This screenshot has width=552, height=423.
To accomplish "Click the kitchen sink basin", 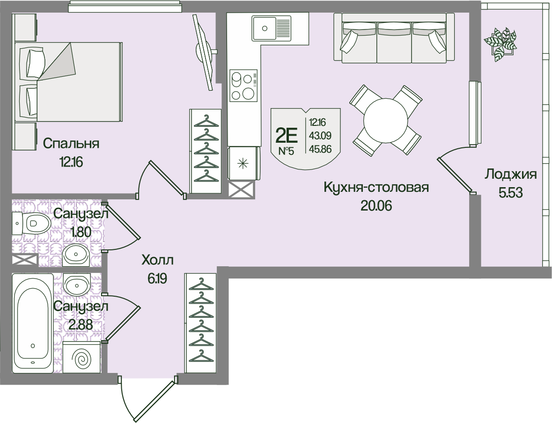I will click(265, 28).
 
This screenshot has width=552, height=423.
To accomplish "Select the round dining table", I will click(386, 120).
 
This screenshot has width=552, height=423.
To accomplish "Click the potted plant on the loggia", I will click(500, 44).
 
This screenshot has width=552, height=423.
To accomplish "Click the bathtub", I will click(32, 323).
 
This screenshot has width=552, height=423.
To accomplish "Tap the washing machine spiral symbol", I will click(82, 359).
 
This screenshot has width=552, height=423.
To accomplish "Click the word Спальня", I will click(71, 144).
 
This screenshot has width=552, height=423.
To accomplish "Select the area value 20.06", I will click(376, 205).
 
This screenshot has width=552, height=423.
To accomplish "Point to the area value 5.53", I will click(510, 192).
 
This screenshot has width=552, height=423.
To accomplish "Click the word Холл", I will click(157, 260).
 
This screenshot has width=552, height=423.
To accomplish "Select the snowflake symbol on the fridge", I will click(242, 164).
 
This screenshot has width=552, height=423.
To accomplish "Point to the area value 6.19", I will click(157, 279).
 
